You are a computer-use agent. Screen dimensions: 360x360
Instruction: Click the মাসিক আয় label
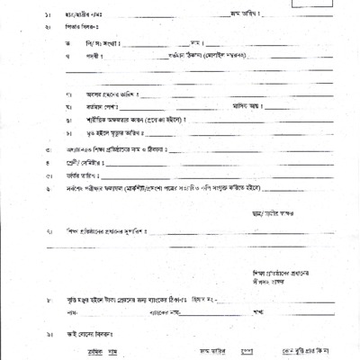[236, 106]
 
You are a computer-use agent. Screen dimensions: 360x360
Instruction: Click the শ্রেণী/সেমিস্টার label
[77, 163]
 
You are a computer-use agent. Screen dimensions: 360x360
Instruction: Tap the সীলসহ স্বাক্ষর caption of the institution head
[267, 281]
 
